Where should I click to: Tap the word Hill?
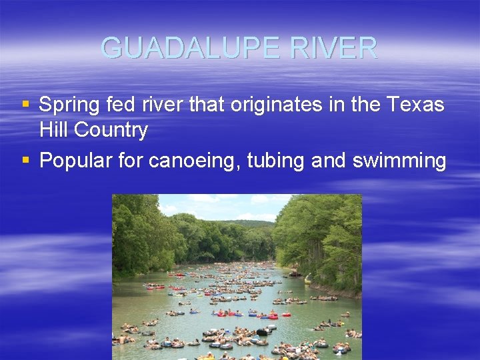54,130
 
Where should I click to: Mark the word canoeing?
198,161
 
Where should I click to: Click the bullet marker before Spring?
26,105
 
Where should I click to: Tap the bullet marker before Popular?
26,161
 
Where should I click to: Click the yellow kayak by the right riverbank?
308,278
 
